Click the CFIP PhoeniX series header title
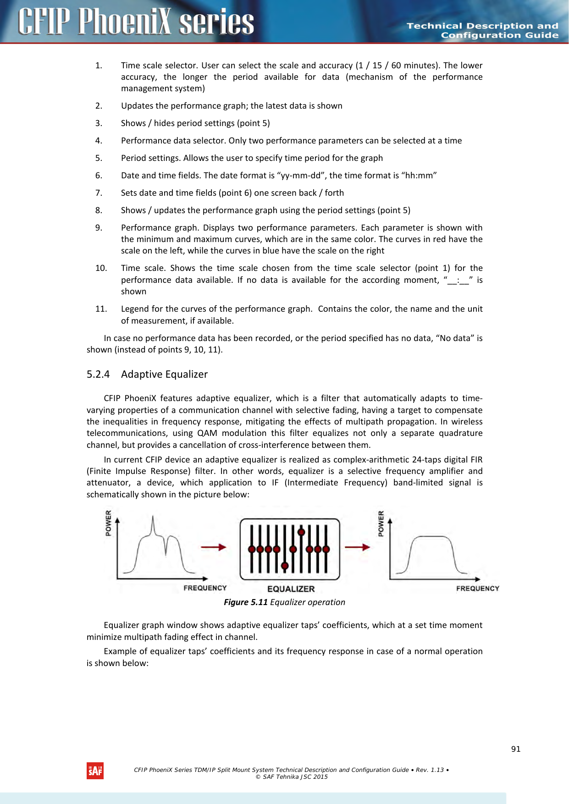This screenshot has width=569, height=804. coord(136,22)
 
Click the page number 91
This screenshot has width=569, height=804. coord(516,749)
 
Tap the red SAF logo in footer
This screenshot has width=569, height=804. coord(95,771)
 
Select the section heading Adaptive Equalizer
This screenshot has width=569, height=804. coord(164,374)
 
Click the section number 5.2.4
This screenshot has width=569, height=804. coord(98,374)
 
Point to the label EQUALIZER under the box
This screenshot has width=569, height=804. coord(291,589)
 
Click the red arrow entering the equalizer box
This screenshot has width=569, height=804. coord(214,547)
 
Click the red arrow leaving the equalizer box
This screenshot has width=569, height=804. coord(357,547)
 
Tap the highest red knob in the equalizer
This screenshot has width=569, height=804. coord(301,532)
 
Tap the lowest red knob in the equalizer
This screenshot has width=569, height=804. coord(285,566)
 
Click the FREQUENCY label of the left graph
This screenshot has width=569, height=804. coord(205,588)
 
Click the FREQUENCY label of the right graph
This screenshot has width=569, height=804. coord(477,589)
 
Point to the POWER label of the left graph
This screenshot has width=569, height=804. coord(109,523)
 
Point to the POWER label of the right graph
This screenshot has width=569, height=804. coord(381,523)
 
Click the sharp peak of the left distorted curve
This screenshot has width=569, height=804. coord(153,518)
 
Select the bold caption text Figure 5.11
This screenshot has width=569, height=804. coord(245,602)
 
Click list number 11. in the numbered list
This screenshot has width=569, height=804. coord(101,309)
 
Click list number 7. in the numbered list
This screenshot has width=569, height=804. coord(99,193)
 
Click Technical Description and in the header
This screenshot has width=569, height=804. coord(482,26)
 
